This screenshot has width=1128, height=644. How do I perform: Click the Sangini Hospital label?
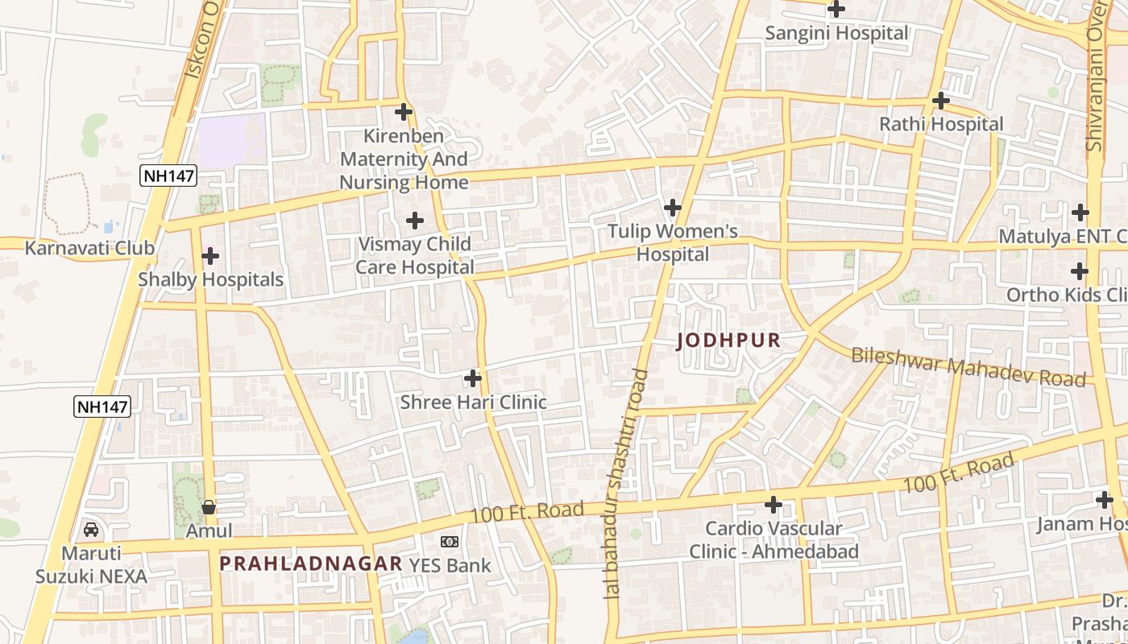pyautogui.click(x=836, y=34)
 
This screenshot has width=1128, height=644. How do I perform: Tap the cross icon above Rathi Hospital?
pyautogui.click(x=940, y=101)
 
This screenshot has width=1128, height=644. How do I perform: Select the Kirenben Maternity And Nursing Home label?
pyautogui.click(x=404, y=159)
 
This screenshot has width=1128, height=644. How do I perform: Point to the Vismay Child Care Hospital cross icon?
pyautogui.click(x=414, y=220)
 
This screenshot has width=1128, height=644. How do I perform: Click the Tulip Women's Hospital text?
pyautogui.click(x=672, y=243)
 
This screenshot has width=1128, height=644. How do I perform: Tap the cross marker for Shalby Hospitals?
pyautogui.click(x=210, y=256)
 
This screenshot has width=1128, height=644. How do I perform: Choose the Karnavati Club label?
pyautogui.click(x=89, y=248)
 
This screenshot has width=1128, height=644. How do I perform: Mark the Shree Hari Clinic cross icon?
pyautogui.click(x=473, y=378)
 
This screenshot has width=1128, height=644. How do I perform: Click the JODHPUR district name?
pyautogui.click(x=728, y=341)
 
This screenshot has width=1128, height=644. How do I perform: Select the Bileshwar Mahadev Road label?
pyautogui.click(x=968, y=367)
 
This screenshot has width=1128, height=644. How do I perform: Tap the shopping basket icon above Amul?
pyautogui.click(x=209, y=507)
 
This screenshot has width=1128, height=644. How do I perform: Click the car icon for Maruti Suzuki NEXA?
pyautogui.click(x=91, y=530)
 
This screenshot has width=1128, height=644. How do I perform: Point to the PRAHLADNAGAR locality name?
pyautogui.click(x=310, y=563)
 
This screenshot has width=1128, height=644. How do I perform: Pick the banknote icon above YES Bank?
pyautogui.click(x=450, y=542)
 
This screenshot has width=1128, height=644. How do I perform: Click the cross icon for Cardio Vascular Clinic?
pyautogui.click(x=773, y=505)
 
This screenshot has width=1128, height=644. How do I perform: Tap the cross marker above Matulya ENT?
pyautogui.click(x=1080, y=213)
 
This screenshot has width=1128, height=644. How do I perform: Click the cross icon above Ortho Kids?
pyautogui.click(x=1080, y=271)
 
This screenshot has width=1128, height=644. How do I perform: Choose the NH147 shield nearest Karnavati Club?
pyautogui.click(x=168, y=176)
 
